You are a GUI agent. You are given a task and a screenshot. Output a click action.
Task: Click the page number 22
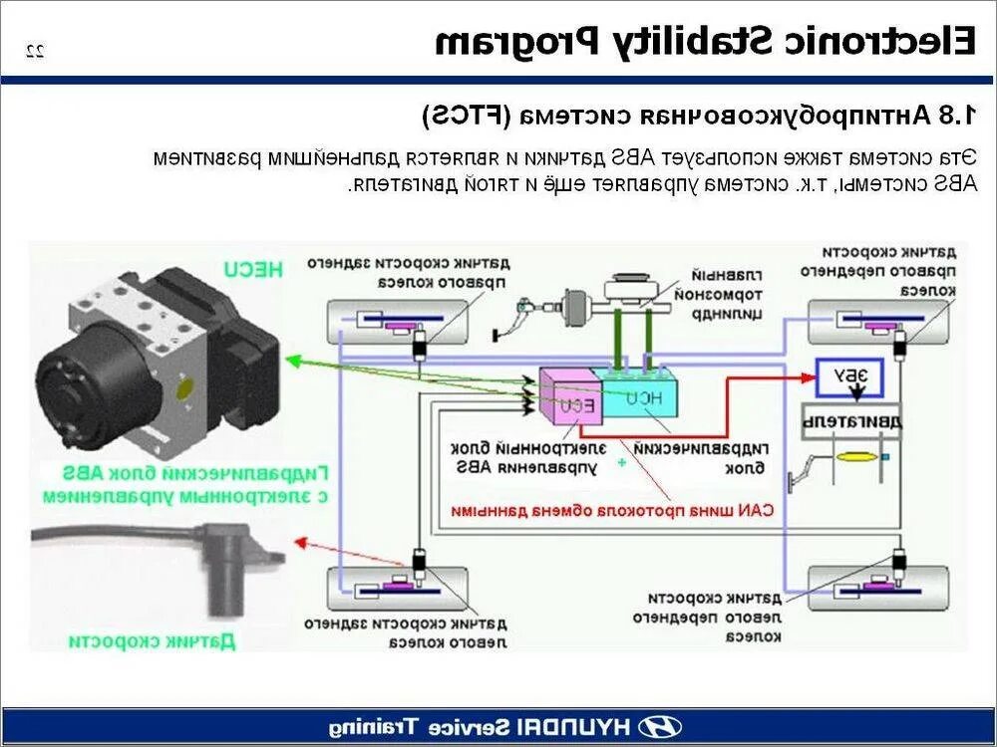[x=35, y=51]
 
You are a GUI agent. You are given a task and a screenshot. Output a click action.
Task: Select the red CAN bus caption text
[x=612, y=510]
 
